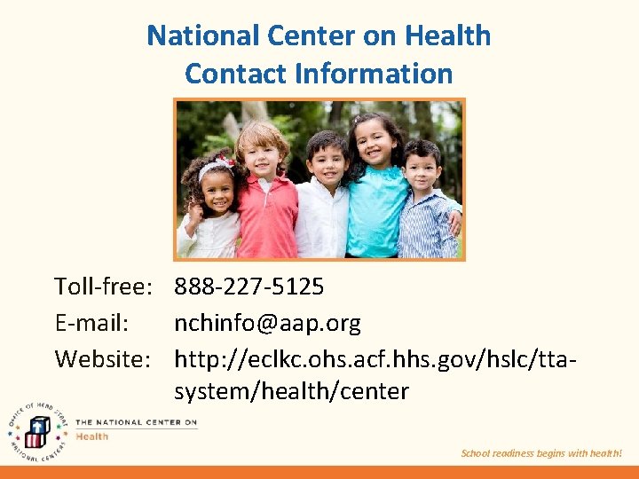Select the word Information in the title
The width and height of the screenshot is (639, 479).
[374, 74]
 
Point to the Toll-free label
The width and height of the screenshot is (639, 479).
[105, 287]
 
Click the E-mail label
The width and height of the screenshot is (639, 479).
[91, 324]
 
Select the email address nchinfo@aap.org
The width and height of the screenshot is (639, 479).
[267, 324]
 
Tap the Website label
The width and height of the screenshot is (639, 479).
[101, 359]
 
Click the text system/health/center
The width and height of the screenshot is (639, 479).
[291, 391]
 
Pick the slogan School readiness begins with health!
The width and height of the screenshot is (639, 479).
[541, 453]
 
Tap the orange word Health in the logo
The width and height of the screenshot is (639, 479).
[91, 436]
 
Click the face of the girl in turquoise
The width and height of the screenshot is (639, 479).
[375, 143]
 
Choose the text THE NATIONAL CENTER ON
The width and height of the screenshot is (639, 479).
[136, 423]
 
